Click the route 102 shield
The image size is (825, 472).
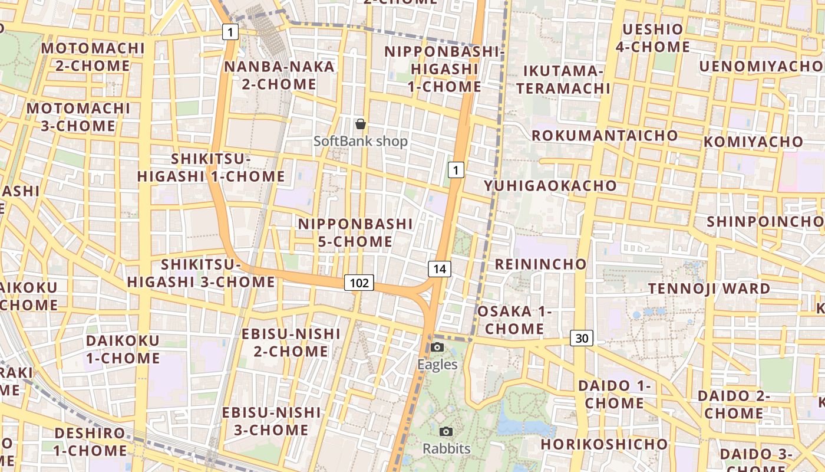coord(359,283)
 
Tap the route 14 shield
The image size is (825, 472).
coord(440,270)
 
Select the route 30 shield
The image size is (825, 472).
coord(582,338)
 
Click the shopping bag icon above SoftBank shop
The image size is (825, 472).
coord(361,124)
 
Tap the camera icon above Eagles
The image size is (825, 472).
coord(437,347)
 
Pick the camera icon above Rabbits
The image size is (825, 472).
coord(446,431)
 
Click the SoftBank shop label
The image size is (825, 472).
coord(361,142)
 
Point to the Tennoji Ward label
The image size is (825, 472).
coord(709,289)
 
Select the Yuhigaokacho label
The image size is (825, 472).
coord(550,186)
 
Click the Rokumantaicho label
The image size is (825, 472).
coord(605,136)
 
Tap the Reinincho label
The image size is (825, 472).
coord(540,264)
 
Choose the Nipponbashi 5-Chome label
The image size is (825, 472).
coord(355,232)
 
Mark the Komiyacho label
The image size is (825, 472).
coord(753,142)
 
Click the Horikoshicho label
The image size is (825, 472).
coord(605,444)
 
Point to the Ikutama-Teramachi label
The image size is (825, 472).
coord(567,80)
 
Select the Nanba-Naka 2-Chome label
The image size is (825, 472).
coord(279,76)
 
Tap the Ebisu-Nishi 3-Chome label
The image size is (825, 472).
coord(272,421)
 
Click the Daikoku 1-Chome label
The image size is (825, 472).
coord(123,349)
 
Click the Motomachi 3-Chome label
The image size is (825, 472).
coord(78,117)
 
